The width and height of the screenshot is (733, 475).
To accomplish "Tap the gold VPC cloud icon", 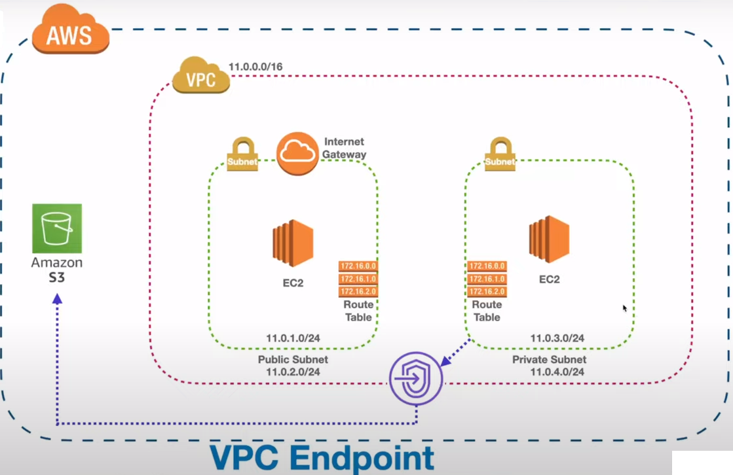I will [201, 79].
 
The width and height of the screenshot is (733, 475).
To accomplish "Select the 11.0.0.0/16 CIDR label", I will [255, 67].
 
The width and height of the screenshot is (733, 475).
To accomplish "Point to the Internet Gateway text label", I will [344, 148].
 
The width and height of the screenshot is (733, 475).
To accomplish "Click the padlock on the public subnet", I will [242, 155].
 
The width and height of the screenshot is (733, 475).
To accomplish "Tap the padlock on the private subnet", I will [500, 155].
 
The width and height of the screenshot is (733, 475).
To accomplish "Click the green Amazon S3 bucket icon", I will [57, 228].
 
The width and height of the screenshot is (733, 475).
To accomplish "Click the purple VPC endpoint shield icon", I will [415, 379].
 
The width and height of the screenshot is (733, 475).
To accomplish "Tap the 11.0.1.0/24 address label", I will [293, 338].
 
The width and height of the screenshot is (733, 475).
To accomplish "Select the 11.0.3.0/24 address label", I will [557, 338].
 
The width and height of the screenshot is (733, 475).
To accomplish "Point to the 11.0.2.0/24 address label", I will [293, 371].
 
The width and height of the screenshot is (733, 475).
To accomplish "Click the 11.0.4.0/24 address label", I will [557, 371].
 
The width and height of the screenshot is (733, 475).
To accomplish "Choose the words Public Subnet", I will [293, 360].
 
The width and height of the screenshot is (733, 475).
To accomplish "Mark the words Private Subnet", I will [549, 360].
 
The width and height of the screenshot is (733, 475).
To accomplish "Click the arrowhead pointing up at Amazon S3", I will [57, 298].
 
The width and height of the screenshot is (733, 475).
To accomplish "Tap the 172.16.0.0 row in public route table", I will [358, 266].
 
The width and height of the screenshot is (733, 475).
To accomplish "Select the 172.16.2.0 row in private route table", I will [487, 291].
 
